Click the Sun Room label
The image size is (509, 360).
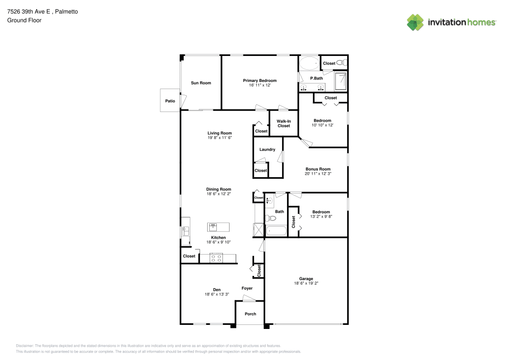coord(201,83)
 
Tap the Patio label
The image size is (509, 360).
coord(169,101)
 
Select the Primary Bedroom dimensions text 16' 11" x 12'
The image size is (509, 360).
coord(260,86)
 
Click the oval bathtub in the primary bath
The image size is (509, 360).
coord(308,64)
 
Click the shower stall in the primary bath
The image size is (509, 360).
coord(341,80)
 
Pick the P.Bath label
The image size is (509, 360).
coord(317,78)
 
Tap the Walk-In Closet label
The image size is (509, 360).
coord(284,123)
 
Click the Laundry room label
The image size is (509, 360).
coord(267,149)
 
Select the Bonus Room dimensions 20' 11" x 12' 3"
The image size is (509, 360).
coord(318,174)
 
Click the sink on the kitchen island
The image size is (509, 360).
coord(213,227)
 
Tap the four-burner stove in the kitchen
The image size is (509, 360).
coord(216,258)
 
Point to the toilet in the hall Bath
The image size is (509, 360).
coord(271,218)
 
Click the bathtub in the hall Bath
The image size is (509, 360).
coord(276,231)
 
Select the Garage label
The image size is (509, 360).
coord(306,279)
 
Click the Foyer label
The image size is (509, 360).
coord(247,288)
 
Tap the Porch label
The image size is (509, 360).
coord(250,314)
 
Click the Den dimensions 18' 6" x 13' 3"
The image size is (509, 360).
coord(217,294)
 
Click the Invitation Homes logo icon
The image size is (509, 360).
coord(415,22)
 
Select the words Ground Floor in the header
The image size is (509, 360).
coord(24,20)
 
